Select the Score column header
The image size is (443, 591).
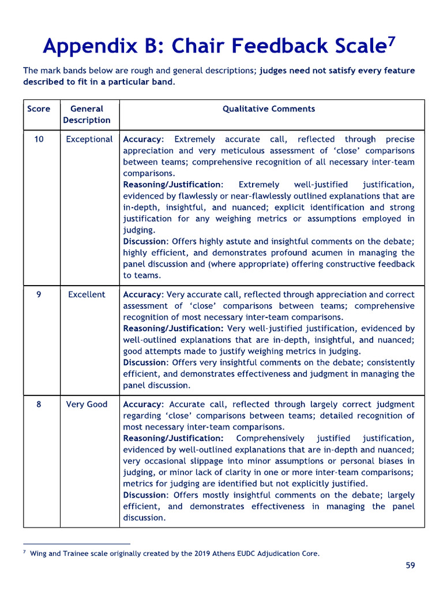(39, 109)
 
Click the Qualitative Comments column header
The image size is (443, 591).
(269, 109)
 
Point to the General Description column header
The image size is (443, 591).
(87, 114)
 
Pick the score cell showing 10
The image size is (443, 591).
(39, 139)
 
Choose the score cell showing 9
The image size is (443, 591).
(39, 294)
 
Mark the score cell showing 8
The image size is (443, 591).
(39, 404)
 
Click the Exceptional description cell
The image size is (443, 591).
(89, 139)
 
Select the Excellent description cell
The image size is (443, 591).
(87, 294)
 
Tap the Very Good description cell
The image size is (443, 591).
(87, 404)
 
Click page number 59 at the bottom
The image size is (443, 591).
(410, 565)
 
